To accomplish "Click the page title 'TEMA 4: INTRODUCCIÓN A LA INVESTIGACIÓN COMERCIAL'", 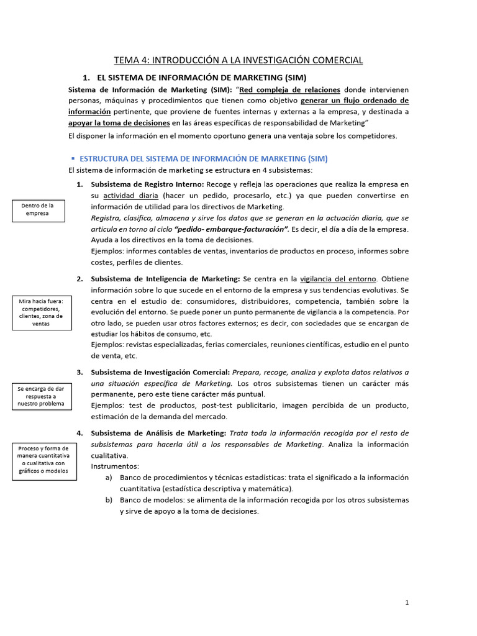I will pyautogui.click(x=238, y=60).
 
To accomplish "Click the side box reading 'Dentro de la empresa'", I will pyautogui.click(x=37, y=209).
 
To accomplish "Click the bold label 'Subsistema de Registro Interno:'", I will pyautogui.click(x=147, y=184).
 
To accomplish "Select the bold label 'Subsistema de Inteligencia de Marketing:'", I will pyautogui.click(x=165, y=279).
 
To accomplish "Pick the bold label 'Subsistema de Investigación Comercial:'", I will pyautogui.click(x=160, y=372).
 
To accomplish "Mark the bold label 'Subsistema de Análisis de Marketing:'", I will pyautogui.click(x=158, y=433).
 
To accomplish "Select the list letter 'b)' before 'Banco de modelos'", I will pyautogui.click(x=109, y=500).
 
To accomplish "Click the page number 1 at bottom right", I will pyautogui.click(x=407, y=602).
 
